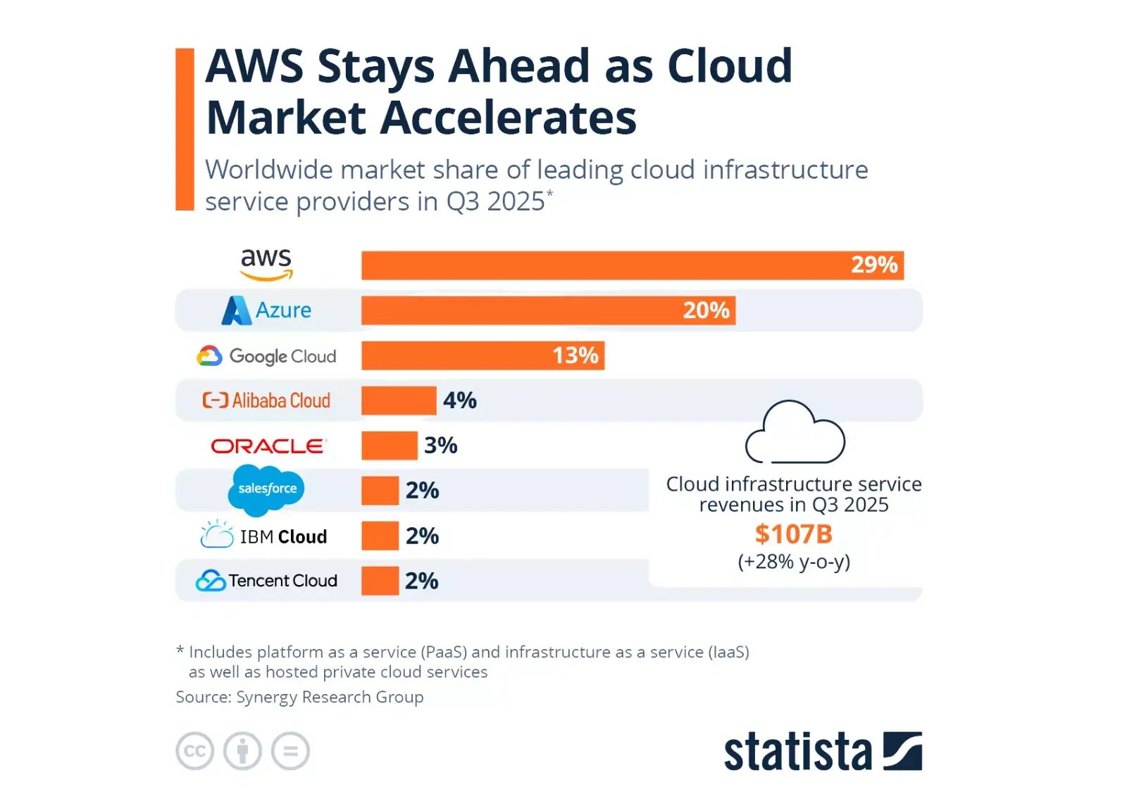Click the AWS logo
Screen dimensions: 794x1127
pyautogui.click(x=266, y=264)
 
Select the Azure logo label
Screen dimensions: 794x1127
pyautogui.click(x=266, y=310)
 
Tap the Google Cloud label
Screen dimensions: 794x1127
pyautogui.click(x=266, y=356)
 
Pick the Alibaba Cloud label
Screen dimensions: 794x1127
pyautogui.click(x=266, y=401)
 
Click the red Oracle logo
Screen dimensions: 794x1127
pyautogui.click(x=268, y=446)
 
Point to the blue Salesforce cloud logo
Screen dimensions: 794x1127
pyautogui.click(x=266, y=489)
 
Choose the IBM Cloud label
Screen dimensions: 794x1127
pyautogui.click(x=264, y=536)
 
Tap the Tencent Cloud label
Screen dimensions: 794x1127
pyautogui.click(x=266, y=581)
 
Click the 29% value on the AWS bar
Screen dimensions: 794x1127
pyautogui.click(x=873, y=265)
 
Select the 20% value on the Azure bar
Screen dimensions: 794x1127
pyautogui.click(x=706, y=310)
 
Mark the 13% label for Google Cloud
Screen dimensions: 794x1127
pyautogui.click(x=575, y=355)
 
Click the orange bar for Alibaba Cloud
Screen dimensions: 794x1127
pyautogui.click(x=399, y=401)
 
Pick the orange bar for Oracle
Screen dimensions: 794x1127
pyautogui.click(x=389, y=446)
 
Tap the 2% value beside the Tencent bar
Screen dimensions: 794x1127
pyautogui.click(x=421, y=581)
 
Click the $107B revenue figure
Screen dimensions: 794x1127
pyautogui.click(x=793, y=534)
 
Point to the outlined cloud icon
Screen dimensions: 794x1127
pyautogui.click(x=795, y=432)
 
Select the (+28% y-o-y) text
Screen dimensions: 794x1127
pyautogui.click(x=794, y=562)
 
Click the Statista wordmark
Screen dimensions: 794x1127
pyautogui.click(x=797, y=752)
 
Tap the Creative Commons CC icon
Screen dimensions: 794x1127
pyautogui.click(x=194, y=751)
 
